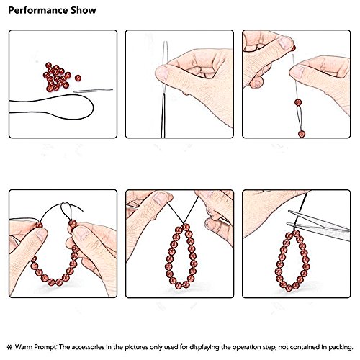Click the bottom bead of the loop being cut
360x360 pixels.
click(289, 287)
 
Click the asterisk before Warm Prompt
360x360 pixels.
click(9, 328)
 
